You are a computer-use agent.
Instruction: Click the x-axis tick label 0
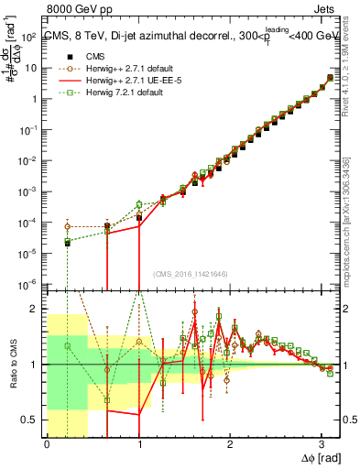pyautogui.click(x=47, y=444)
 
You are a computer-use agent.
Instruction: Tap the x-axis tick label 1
pyautogui.click(x=138, y=444)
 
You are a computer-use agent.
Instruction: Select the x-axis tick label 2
pyautogui.click(x=229, y=444)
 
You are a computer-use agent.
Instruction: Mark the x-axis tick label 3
pyautogui.click(x=321, y=444)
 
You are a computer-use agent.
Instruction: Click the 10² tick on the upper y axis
pyautogui.click(x=29, y=38)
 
